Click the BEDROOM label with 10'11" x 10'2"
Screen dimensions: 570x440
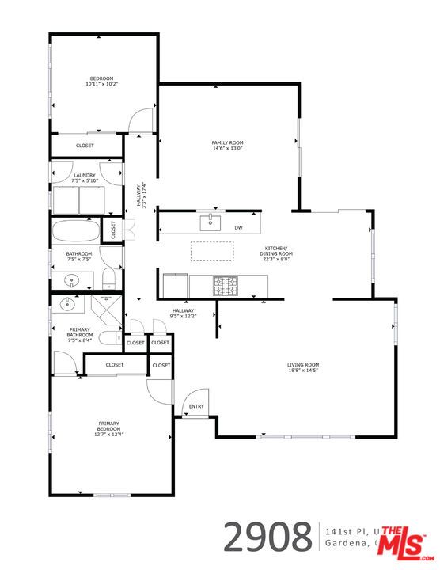pyautogui.click(x=101, y=80)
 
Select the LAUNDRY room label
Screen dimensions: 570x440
pyautogui.click(x=85, y=177)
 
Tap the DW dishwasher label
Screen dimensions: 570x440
pyautogui.click(x=238, y=228)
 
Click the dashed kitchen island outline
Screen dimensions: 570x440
pyautogui.click(x=213, y=250)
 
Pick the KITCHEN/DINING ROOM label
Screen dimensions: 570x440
pyautogui.click(x=278, y=254)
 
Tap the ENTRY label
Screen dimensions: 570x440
pyautogui.click(x=196, y=407)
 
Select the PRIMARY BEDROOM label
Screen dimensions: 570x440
pyautogui.click(x=109, y=429)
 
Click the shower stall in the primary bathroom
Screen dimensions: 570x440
pyautogui.click(x=105, y=307)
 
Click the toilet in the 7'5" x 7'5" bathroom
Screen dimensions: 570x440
pyautogui.click(x=110, y=279)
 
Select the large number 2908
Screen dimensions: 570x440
pyautogui.click(x=267, y=537)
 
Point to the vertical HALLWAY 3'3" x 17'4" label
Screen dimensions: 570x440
pyautogui.click(x=141, y=195)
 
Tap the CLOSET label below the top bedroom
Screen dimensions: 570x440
pyautogui.click(x=85, y=146)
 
